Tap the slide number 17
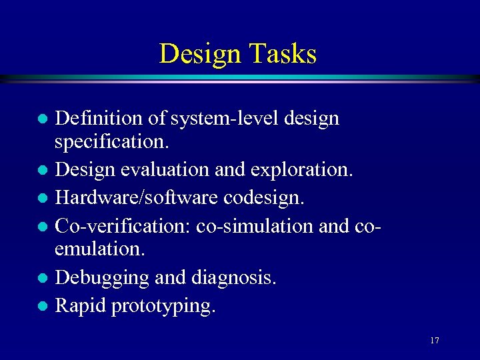pyautogui.click(x=434, y=341)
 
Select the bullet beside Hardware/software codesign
pyautogui.click(x=43, y=198)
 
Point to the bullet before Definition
pyautogui.click(x=43, y=119)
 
